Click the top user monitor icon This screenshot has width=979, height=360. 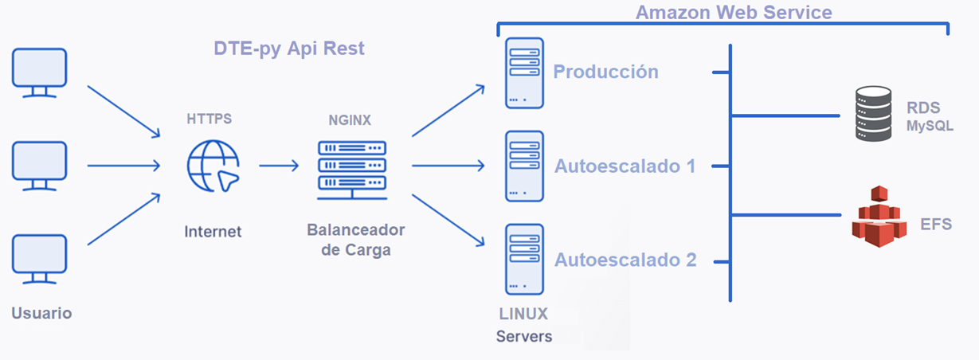click(39, 71)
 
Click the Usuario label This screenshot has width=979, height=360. click(41, 313)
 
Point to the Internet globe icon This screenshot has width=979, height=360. click(212, 166)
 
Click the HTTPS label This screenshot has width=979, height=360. click(210, 119)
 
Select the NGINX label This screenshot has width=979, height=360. click(350, 120)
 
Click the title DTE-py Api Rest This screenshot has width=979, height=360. click(289, 49)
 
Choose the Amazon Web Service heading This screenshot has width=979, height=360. click(734, 12)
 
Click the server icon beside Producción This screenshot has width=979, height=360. click(524, 72)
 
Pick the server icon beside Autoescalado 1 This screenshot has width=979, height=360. click(524, 166)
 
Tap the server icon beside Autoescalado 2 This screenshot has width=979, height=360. click(524, 259)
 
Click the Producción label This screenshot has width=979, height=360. click(605, 72)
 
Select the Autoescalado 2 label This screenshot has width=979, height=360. click(625, 260)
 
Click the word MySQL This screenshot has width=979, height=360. click(929, 127)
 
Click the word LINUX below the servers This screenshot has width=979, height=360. click(524, 313)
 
